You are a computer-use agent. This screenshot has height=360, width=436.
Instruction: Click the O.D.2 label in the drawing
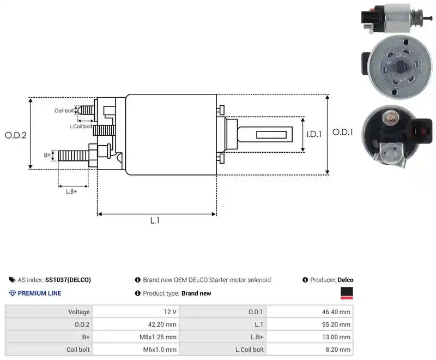coord(16,135)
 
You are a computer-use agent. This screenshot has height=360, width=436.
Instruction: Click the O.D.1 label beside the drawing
coord(343,132)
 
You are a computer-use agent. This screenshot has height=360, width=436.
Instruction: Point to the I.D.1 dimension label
coord(314,134)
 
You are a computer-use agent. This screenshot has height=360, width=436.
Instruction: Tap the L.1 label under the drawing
coord(155,220)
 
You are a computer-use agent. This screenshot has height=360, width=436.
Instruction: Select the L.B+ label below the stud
coord(71,191)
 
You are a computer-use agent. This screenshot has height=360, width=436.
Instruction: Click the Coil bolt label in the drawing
coord(64,111)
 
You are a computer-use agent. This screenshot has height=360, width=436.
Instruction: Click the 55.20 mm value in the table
coord(336,325)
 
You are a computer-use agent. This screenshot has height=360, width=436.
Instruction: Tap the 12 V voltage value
coord(170,312)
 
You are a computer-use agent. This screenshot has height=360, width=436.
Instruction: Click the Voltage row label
coord(79,312)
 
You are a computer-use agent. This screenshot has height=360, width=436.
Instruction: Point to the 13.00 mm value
coord(336,337)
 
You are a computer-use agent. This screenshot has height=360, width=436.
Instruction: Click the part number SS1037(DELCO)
coord(68,280)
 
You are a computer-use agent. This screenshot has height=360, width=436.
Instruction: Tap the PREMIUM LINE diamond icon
coord(13,293)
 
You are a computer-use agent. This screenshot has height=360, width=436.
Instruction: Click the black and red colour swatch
coord(347,293)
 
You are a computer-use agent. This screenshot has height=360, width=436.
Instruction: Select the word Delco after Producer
coord(346,280)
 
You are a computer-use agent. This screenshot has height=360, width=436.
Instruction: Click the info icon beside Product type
coord(138,293)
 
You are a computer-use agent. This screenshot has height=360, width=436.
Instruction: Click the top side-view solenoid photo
coord(397,18)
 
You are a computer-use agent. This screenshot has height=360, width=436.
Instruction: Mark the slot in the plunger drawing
coord(271,135)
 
